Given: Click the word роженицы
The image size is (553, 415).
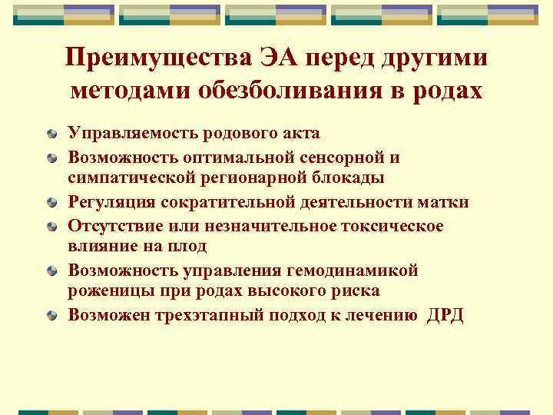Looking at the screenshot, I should [107, 292].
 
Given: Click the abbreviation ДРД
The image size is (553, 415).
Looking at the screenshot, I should [445, 315].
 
